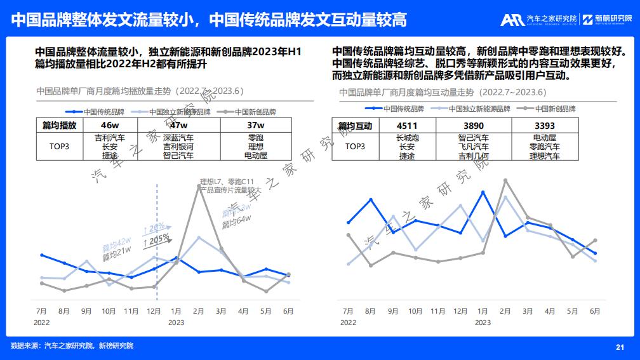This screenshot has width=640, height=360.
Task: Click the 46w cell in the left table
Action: pos(110,125)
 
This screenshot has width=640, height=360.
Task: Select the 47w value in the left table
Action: pos(178,125)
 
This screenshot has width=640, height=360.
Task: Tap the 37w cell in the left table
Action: pos(256,125)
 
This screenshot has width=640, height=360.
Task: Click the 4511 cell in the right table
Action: pos(407,126)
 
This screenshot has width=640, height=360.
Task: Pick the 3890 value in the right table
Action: pos(473,126)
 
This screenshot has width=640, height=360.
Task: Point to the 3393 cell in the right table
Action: pos(545,126)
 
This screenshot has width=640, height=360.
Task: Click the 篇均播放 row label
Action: pos(59,125)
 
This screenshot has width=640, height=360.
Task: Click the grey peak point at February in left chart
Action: pos(199,187)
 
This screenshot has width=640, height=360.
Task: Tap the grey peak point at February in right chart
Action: pos(505,180)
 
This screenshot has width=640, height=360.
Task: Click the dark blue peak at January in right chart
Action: pos(483,192)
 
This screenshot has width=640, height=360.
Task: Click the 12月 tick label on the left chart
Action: pos(154,311)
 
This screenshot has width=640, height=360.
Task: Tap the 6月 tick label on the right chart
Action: pos(595,311)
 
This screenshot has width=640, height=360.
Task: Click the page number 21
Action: pos(620,347)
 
